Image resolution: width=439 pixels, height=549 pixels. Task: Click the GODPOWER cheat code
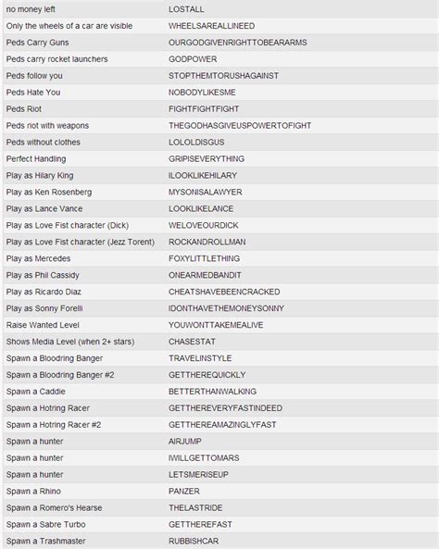coord(192,58)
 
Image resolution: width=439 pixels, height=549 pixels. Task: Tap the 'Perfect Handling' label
coord(38,158)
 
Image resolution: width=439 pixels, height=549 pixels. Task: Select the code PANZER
coord(184,491)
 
